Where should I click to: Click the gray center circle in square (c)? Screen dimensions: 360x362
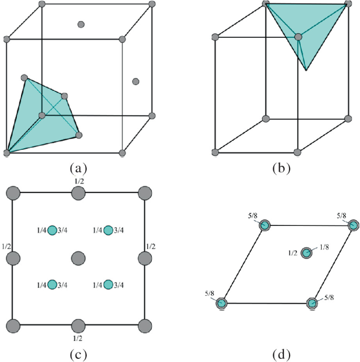pyautogui.click(x=78, y=258)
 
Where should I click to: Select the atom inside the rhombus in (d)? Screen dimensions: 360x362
pyautogui.click(x=306, y=253)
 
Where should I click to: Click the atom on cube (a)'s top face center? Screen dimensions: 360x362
pyautogui.click(x=81, y=24)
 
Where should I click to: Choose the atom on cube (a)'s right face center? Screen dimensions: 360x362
pyautogui.click(x=136, y=81)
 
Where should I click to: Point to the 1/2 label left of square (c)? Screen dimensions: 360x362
pyautogui.click(x=6, y=246)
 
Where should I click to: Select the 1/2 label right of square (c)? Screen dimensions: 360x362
pyautogui.click(x=150, y=246)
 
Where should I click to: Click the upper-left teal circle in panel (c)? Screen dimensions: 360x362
pyautogui.click(x=52, y=230)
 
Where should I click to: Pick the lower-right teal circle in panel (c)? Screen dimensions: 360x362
pyautogui.click(x=108, y=285)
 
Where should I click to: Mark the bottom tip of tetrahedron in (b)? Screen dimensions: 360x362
pyautogui.click(x=306, y=70)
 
